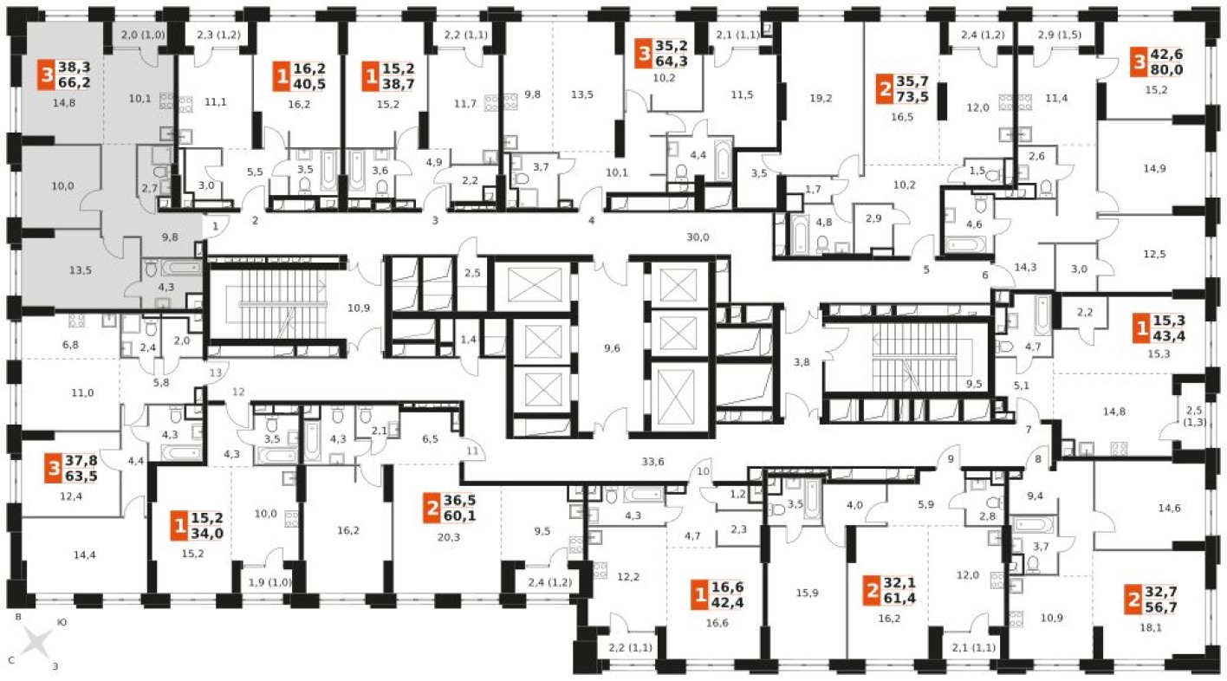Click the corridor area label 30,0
(x=697, y=237)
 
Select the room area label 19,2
(x=820, y=98)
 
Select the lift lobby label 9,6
(x=612, y=349)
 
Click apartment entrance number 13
(x=216, y=372)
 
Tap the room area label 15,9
(x=807, y=593)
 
